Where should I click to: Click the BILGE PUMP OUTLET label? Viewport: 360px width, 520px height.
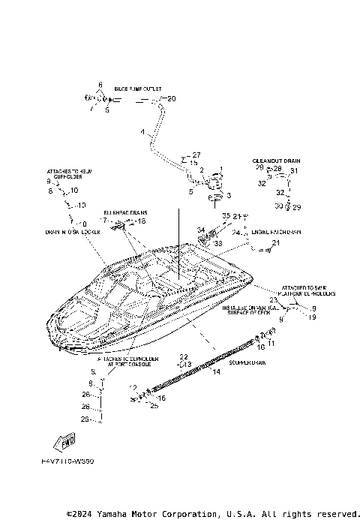138,89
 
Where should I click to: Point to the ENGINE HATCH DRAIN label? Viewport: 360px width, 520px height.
276,233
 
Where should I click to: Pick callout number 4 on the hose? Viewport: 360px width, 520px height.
142,132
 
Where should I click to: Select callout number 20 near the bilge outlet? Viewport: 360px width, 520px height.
171,99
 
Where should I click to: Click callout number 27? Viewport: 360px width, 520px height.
196,155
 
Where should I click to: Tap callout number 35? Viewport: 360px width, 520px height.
224,216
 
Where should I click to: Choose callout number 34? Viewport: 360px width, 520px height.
200,230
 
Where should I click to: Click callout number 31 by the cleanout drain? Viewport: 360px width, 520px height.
294,171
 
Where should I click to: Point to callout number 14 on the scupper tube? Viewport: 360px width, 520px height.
217,371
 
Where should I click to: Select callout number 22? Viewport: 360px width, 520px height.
183,356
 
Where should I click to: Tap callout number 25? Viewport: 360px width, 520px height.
154,406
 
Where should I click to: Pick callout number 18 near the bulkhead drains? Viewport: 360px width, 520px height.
141,221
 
